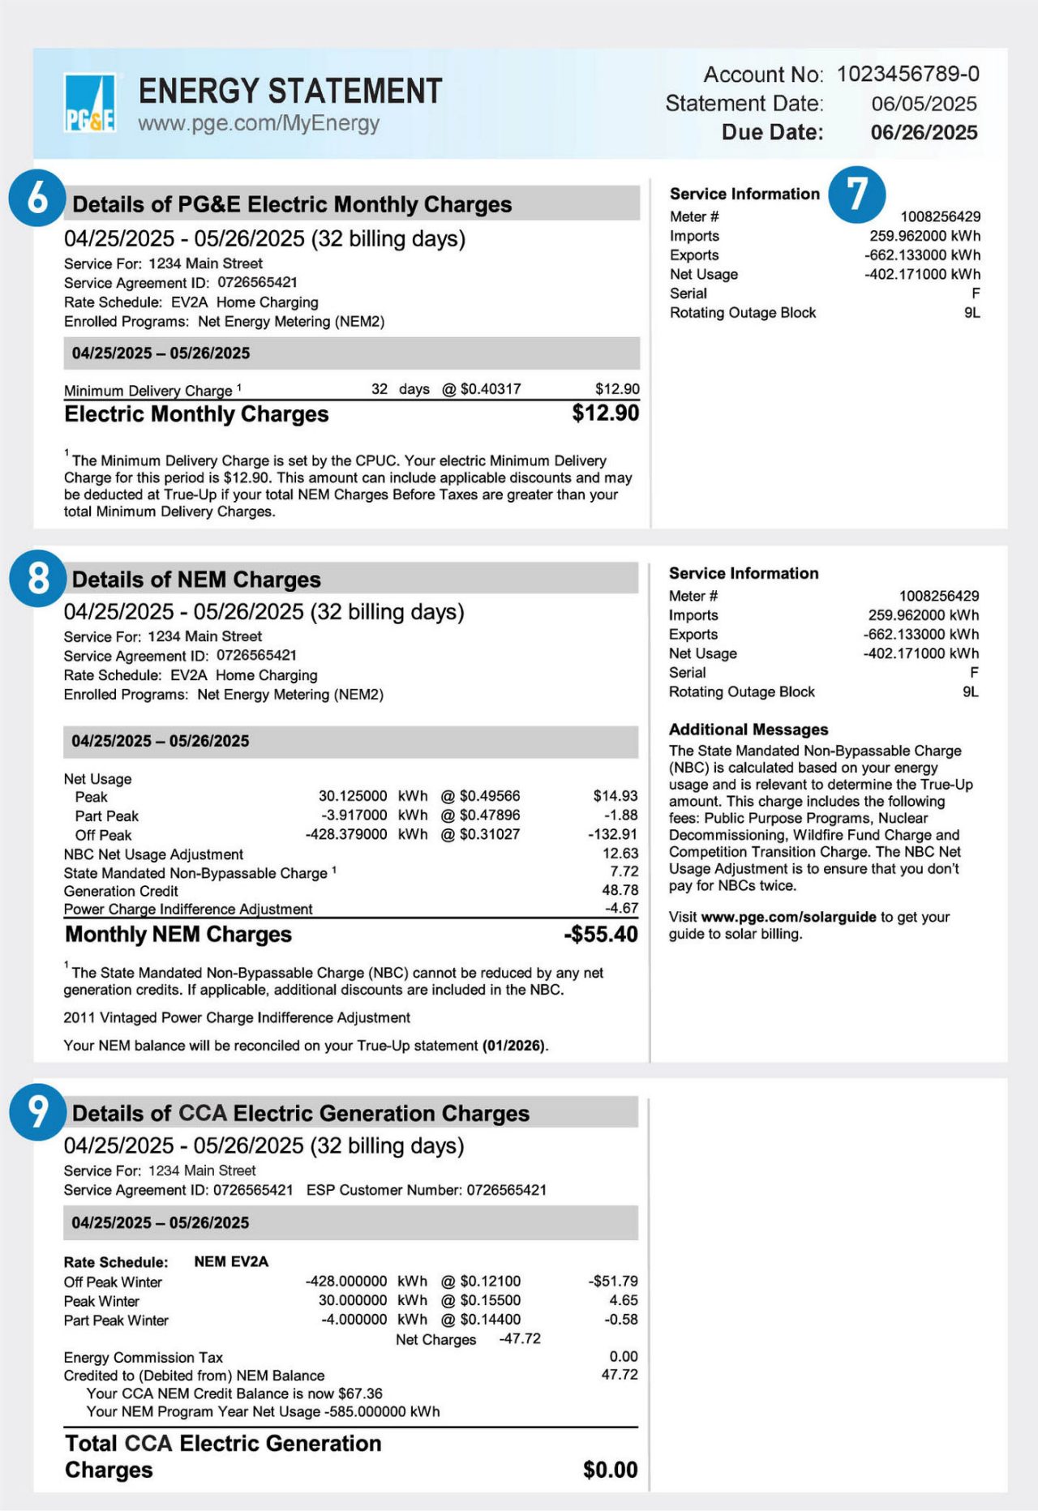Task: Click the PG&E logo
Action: tap(89, 103)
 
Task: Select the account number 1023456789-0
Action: tap(907, 75)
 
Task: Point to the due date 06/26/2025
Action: tap(924, 133)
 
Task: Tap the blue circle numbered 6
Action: tap(37, 199)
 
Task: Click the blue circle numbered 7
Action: tap(856, 195)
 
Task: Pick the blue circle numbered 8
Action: tap(37, 578)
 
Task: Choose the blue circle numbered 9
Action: tap(37, 1111)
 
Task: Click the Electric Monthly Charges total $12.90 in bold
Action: tap(605, 413)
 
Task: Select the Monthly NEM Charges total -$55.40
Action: tap(600, 935)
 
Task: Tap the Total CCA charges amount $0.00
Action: tap(610, 1470)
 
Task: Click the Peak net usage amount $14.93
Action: tap(615, 796)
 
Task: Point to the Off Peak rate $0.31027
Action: tap(489, 834)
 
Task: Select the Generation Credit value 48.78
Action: tap(620, 890)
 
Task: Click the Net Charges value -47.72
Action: tap(519, 1338)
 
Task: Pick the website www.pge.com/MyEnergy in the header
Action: tap(259, 124)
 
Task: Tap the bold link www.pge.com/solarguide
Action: tap(788, 917)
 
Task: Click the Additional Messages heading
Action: tap(748, 730)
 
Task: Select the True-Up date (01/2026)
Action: tap(514, 1046)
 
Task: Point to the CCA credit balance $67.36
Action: tap(360, 1393)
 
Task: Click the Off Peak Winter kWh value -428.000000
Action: tap(346, 1282)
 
